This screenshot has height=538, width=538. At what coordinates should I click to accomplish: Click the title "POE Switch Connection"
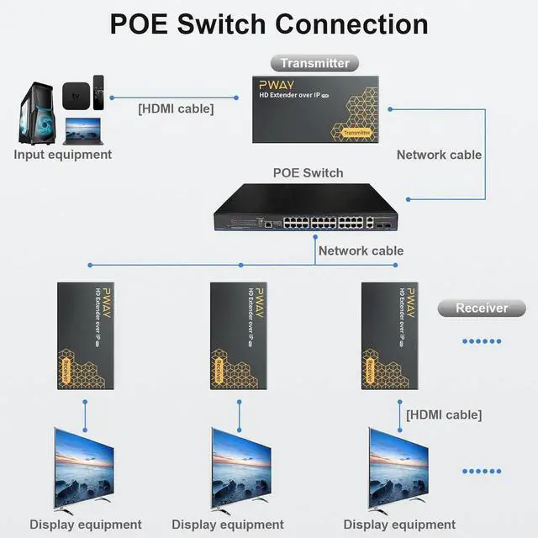(x=269, y=24)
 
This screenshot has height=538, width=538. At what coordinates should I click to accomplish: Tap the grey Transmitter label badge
(x=314, y=63)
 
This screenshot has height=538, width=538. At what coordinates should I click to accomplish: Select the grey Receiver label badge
(x=482, y=308)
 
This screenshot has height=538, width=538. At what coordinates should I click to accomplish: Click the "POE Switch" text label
(x=308, y=173)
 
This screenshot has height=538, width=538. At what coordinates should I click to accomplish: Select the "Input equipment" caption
(x=62, y=155)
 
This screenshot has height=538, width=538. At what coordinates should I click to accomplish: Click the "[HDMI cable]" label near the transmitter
(x=176, y=108)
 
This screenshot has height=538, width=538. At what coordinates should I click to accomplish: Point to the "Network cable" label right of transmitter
(x=439, y=155)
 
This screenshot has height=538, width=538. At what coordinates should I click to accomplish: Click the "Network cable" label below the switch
(x=361, y=251)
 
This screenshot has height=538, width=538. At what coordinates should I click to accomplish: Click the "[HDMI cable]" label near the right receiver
(x=444, y=414)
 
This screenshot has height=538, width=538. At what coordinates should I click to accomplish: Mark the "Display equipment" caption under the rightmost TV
(x=399, y=525)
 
